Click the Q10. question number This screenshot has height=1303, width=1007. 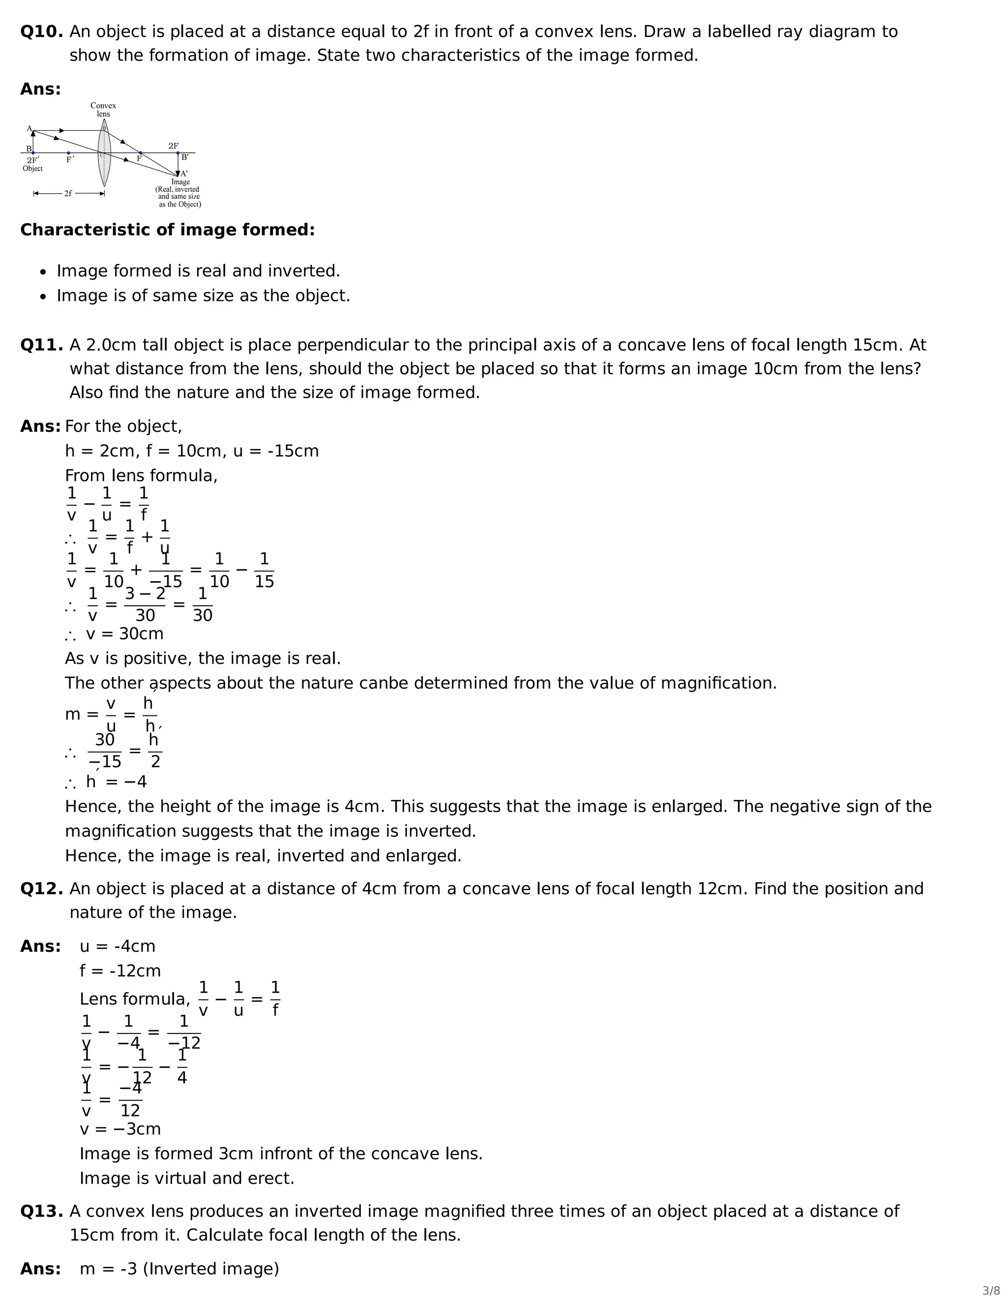41,31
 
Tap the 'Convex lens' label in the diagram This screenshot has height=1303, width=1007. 103,110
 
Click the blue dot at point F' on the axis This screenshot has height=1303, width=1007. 69,153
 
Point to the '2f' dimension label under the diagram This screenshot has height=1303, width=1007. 68,193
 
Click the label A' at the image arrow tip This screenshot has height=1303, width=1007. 184,174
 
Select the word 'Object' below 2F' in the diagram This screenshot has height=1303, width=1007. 33,169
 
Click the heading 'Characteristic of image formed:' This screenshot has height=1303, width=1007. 167,230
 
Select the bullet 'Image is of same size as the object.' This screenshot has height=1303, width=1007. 203,296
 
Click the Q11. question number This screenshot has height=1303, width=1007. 41,345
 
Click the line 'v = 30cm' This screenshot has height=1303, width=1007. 124,634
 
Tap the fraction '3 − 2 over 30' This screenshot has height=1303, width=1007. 145,604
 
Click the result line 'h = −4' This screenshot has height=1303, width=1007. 117,782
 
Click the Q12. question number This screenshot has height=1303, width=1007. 41,888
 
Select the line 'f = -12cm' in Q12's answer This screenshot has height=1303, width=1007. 120,971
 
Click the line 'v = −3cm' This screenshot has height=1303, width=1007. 120,1129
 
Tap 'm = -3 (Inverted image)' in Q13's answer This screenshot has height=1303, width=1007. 179,1269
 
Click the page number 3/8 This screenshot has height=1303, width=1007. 991,1291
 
